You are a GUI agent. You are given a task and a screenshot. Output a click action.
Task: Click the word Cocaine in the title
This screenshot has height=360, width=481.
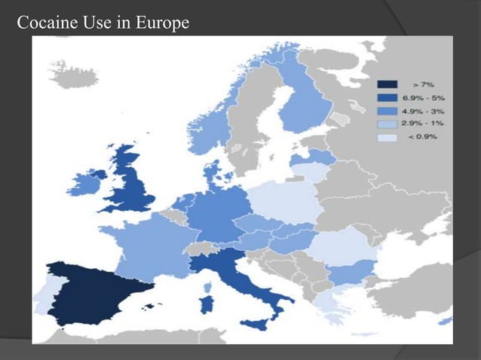coord(44,24)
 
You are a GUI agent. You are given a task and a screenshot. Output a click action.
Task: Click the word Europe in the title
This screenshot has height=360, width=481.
coord(162,24)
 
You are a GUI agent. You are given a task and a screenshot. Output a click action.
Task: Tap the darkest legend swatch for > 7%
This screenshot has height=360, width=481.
coord(388,84)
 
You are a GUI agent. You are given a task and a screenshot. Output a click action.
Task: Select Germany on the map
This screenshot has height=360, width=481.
coord(219,211)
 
